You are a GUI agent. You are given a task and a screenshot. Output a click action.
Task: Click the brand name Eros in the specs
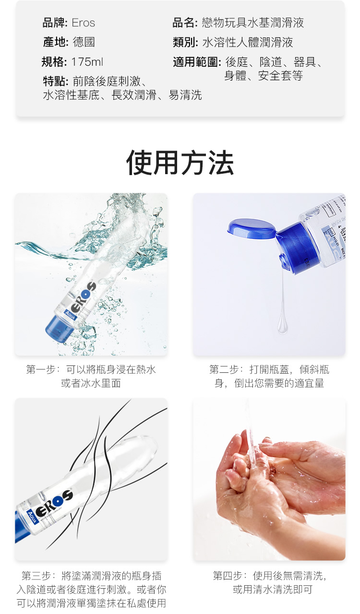pyautogui.click(x=84, y=23)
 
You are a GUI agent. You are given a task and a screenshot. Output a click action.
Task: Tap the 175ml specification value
pyautogui.click(x=87, y=62)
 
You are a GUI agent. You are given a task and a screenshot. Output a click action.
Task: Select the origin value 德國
pyautogui.click(x=84, y=42)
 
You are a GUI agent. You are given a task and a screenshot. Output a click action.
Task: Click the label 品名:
pyautogui.click(x=185, y=23)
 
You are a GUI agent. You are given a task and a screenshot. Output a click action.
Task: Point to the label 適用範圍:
pyautogui.click(x=197, y=62)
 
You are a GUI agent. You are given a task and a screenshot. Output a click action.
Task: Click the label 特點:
pyautogui.click(x=56, y=82)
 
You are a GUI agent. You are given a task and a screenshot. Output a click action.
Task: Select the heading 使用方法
pyautogui.click(x=180, y=163)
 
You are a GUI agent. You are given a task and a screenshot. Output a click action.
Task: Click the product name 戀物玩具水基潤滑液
pyautogui.click(x=253, y=23)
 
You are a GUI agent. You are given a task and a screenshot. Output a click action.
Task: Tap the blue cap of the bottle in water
pyautogui.click(x=59, y=328)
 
